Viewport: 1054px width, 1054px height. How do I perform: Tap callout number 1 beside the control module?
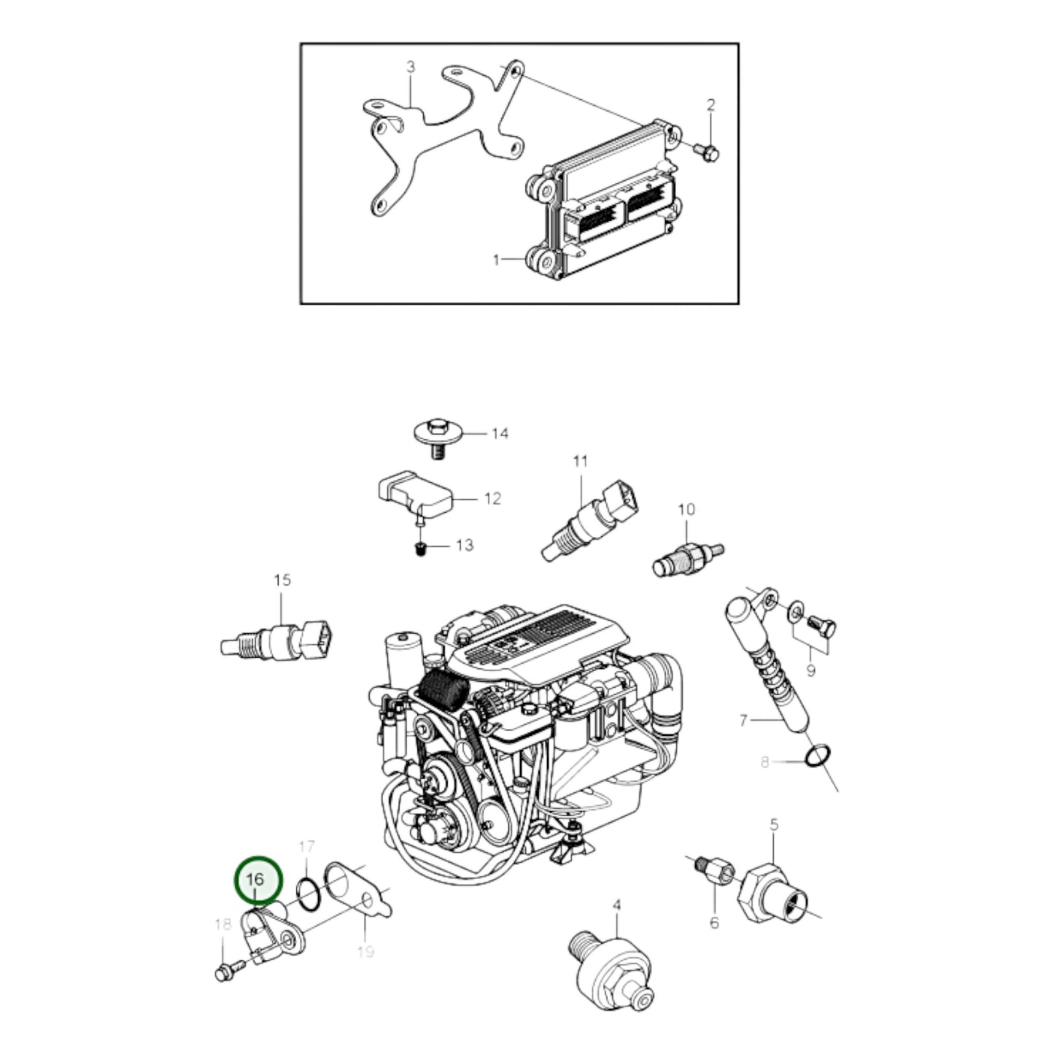click(x=497, y=260)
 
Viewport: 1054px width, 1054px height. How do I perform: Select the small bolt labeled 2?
click(x=708, y=152)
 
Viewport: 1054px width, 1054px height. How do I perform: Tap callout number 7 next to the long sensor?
click(x=743, y=721)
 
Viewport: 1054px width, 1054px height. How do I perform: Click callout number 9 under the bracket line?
click(x=810, y=670)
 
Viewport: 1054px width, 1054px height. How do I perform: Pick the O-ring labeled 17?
click(x=309, y=896)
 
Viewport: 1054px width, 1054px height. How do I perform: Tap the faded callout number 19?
click(x=365, y=950)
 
